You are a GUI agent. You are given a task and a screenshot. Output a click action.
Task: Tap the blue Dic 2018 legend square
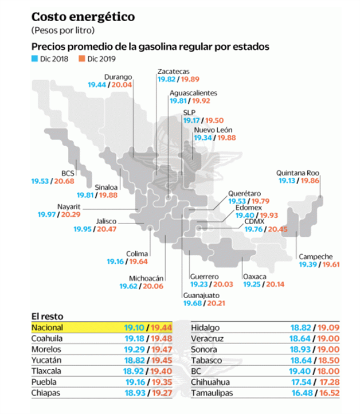point(34,58)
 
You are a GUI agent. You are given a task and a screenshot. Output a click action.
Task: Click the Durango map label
point(119,76)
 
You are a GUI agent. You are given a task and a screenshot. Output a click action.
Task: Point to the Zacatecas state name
point(173,72)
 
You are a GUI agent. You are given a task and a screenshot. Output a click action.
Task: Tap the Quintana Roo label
point(297,173)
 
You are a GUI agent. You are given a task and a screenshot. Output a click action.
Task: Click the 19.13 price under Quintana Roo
point(288,181)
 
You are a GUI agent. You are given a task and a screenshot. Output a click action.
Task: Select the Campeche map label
point(315,256)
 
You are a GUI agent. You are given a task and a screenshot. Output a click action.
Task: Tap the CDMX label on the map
point(254,221)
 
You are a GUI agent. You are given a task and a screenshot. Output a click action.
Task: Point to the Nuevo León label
point(212,130)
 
